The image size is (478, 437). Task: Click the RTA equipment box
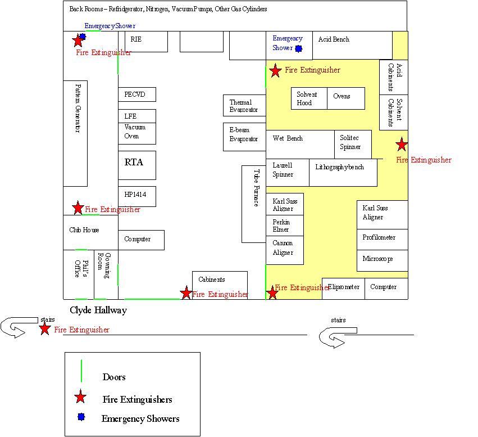point(137,165)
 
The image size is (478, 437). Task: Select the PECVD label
point(135,94)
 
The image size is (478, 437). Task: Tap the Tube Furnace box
point(254,204)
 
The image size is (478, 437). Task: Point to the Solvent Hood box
point(309,98)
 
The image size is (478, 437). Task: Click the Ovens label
point(342,96)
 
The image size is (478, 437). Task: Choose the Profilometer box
point(383,240)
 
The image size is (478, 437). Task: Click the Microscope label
point(377,259)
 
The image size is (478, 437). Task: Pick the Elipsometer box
point(343,289)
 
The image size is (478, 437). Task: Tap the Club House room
point(90,232)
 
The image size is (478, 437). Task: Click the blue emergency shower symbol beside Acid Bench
point(299,48)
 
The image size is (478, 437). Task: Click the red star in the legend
point(80,397)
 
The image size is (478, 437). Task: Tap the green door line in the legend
point(81,371)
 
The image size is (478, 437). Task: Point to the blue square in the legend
point(81,417)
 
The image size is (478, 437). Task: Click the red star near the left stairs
point(45,328)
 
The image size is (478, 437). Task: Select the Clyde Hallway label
point(98,310)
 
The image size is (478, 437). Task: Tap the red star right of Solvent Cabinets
point(402,145)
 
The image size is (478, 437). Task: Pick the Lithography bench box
point(343,173)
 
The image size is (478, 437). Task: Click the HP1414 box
point(137,196)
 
